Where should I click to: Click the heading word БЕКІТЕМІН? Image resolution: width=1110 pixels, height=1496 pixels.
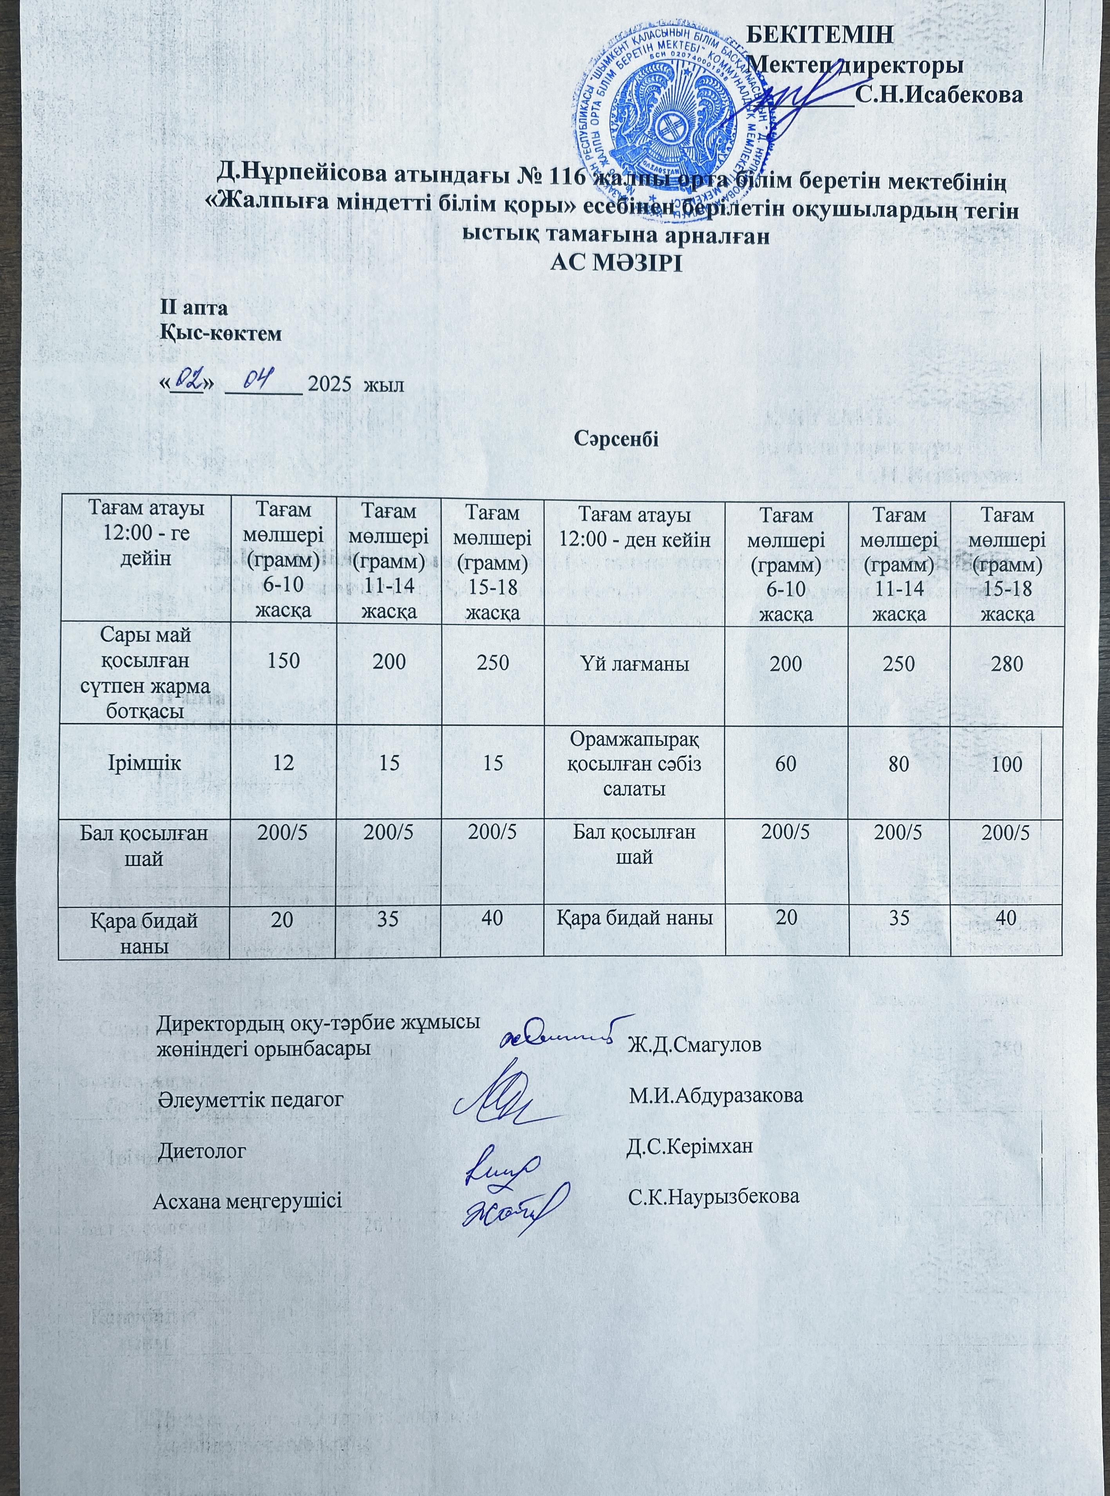pos(821,35)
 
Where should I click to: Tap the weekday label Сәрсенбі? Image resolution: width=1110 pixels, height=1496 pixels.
pos(616,438)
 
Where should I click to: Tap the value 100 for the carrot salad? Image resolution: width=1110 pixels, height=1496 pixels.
pos(1006,764)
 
